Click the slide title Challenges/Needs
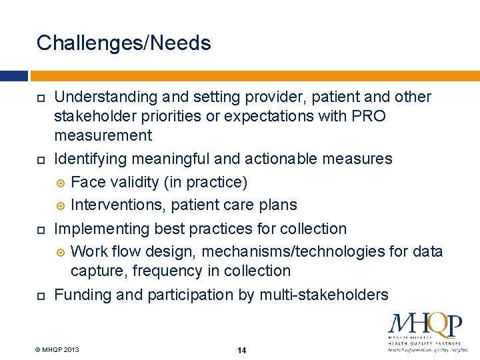(123, 43)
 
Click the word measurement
(103, 136)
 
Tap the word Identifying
(91, 159)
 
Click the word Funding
(81, 295)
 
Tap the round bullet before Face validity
(61, 183)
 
